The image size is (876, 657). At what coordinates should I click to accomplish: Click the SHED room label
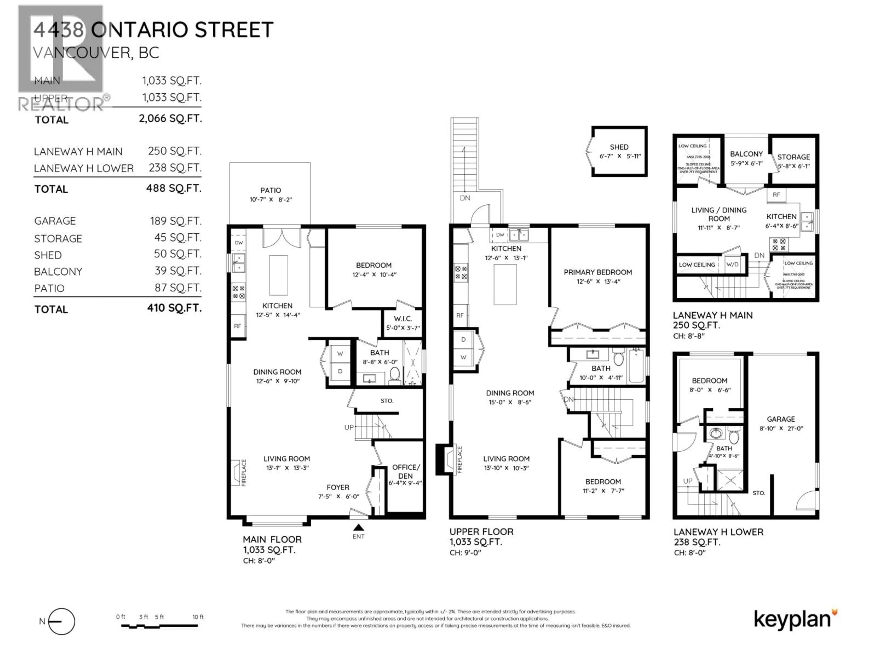619,147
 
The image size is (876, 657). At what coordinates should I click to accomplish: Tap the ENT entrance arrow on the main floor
358,527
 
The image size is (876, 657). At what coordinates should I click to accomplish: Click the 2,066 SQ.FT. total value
170,118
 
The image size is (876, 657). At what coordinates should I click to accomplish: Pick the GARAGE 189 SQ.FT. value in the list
175,221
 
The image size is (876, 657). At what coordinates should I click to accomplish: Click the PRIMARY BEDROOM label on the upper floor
598,272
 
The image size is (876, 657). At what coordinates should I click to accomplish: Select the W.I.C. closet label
403,319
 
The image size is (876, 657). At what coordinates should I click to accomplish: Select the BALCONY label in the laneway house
746,154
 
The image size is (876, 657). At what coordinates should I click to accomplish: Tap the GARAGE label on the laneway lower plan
781,419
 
